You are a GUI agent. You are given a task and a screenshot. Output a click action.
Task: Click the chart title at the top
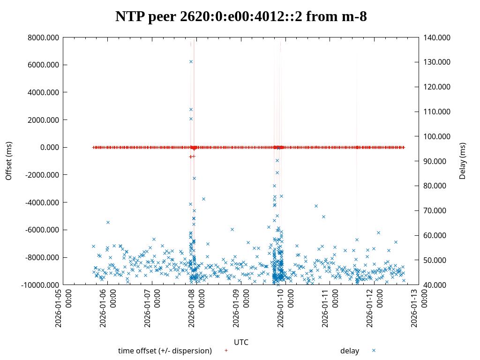241,16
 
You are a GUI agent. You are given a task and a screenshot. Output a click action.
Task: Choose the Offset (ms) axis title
8,161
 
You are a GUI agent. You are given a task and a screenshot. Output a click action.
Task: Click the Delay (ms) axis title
463,161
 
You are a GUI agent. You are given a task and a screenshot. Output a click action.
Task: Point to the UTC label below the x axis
241,342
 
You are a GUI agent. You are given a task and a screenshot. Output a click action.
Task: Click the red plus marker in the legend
226,351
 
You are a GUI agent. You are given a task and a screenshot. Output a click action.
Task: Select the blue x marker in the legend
374,351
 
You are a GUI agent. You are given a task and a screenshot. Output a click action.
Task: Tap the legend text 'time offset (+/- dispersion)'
165,351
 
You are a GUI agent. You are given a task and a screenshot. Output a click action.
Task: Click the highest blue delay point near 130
191,61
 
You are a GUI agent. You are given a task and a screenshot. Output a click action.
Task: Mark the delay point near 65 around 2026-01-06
108,222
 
